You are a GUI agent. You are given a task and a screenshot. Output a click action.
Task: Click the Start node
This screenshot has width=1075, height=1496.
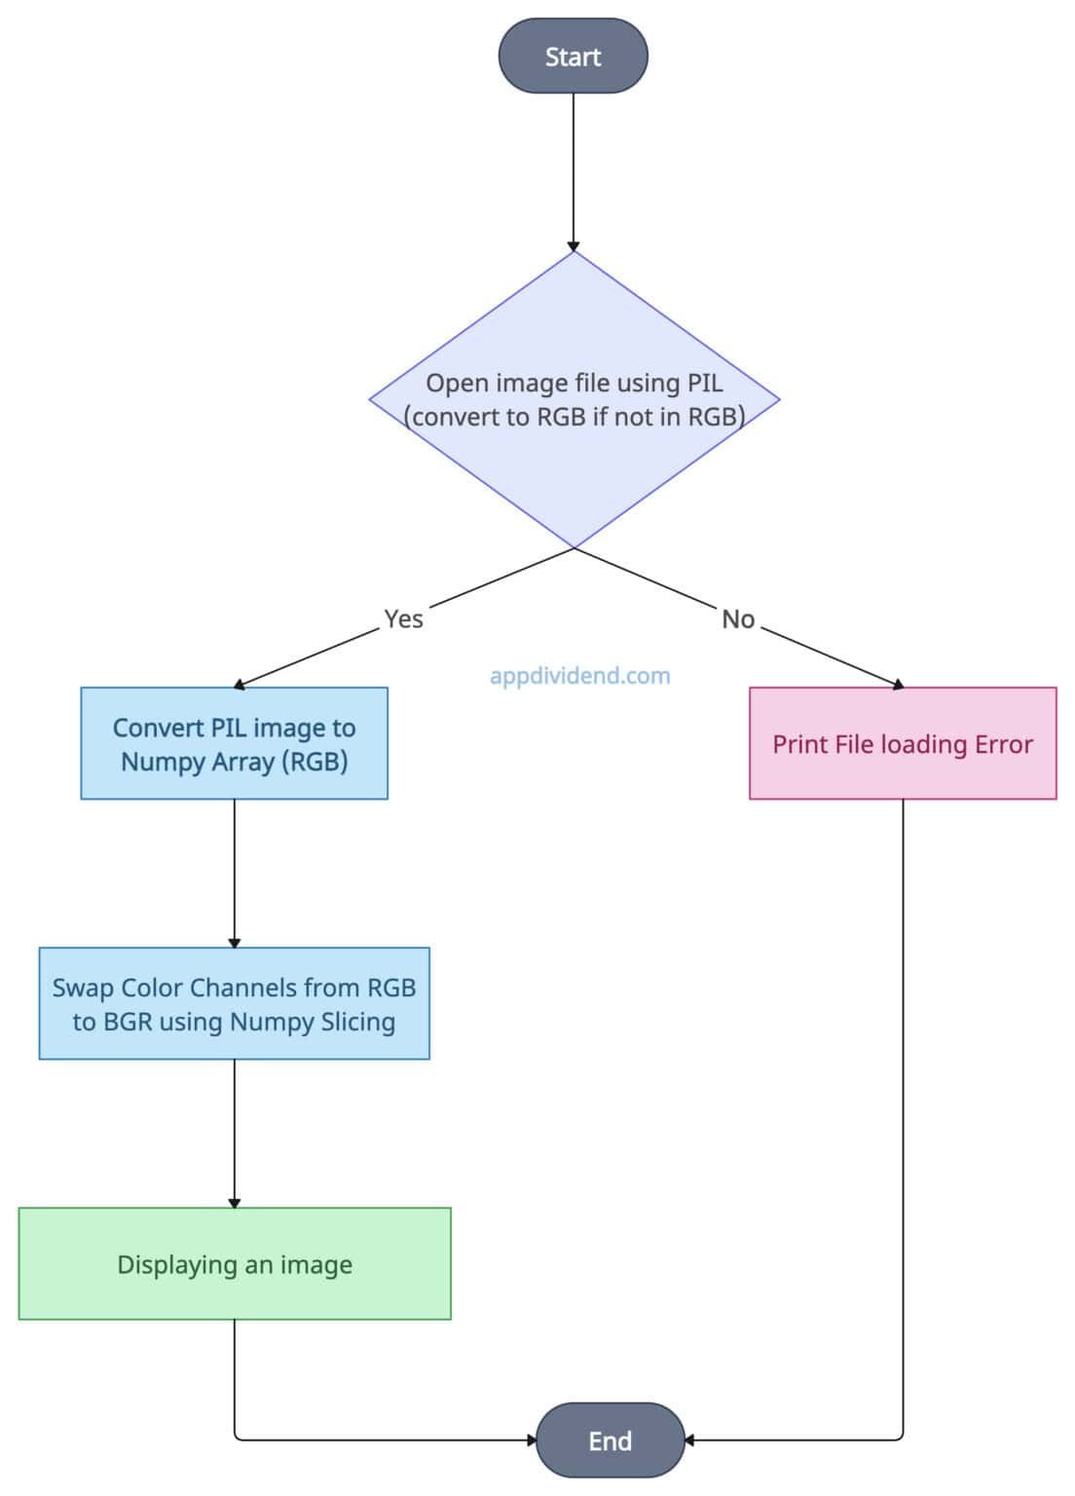(x=573, y=56)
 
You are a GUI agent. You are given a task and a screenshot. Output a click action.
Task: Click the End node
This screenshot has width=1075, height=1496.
(x=610, y=1440)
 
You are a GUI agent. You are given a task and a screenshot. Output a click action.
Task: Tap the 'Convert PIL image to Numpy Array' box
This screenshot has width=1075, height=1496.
(x=234, y=743)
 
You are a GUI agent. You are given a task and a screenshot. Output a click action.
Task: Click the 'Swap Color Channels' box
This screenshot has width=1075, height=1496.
(x=234, y=1003)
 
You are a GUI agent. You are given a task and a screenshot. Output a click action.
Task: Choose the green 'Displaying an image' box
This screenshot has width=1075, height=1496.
(x=234, y=1263)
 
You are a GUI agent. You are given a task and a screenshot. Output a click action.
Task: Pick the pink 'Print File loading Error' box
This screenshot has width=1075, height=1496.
(x=902, y=743)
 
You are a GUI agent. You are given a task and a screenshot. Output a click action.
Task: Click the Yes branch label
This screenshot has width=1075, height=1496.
(x=403, y=618)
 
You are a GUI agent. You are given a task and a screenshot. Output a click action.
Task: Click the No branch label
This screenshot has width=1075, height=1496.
(x=738, y=618)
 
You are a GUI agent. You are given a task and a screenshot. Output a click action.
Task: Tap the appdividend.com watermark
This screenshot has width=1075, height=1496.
(x=579, y=675)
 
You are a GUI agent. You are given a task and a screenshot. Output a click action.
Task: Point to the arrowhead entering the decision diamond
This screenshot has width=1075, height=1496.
(x=574, y=245)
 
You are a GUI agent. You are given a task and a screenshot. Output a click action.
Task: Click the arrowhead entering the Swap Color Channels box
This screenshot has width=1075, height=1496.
(x=234, y=941)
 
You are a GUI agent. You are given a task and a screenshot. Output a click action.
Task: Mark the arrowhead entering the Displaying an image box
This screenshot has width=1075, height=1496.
(x=234, y=1202)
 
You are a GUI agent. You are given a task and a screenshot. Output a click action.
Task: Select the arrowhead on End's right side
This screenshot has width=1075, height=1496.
(x=689, y=1440)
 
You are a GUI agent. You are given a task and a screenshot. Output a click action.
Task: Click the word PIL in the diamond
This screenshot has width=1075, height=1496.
(x=704, y=383)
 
